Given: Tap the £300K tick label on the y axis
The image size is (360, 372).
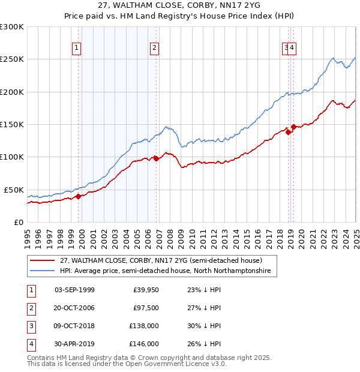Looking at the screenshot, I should (x=12, y=27).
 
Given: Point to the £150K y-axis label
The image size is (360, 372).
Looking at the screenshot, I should (x=12, y=125).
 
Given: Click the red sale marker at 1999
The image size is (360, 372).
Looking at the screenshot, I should (x=79, y=196).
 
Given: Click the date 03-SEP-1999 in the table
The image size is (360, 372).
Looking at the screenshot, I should (x=74, y=290).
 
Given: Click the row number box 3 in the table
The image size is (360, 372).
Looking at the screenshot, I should (x=30, y=326).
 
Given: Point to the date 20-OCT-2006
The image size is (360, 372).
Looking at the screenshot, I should (x=74, y=308).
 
